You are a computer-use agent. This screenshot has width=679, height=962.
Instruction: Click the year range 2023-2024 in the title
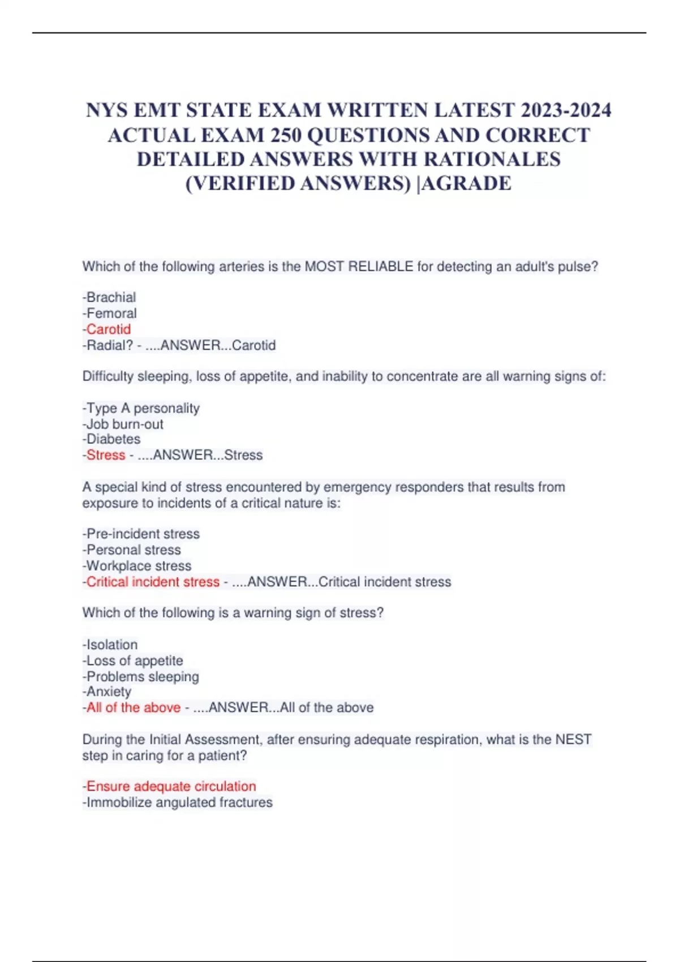coord(566,110)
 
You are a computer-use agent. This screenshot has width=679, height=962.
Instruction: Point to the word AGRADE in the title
coord(467,183)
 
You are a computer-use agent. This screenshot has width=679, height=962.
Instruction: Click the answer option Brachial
coord(111,297)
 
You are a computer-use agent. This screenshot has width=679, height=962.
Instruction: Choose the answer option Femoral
coord(111,313)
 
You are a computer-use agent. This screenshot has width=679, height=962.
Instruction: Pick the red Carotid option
coord(108,329)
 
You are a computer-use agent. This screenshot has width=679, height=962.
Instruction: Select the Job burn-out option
coord(124,424)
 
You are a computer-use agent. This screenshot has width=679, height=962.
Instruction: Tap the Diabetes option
coord(113,439)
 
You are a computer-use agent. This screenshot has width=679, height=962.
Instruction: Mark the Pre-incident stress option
coord(143,534)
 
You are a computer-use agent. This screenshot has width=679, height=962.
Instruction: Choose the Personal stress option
coord(134,549)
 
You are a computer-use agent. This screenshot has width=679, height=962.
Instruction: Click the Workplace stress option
coord(139,565)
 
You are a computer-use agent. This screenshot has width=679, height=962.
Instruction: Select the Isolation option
coord(112,645)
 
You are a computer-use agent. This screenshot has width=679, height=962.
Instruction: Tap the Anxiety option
coord(109,691)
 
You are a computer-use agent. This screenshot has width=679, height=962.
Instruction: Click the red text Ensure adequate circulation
coord(171,786)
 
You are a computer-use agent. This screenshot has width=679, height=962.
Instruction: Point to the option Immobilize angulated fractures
coord(179,802)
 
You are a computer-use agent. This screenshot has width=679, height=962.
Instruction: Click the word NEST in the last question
coord(573,739)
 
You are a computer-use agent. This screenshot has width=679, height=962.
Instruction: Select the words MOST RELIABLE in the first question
coord(359,266)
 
